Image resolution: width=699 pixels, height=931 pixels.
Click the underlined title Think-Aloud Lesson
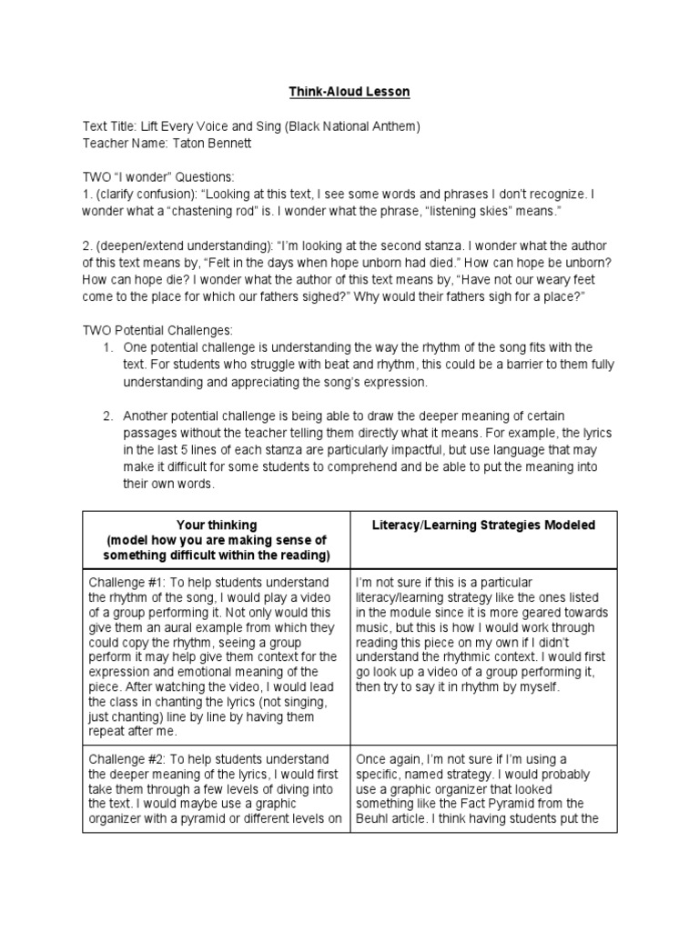click(x=349, y=92)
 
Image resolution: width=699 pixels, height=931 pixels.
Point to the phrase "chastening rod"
click(x=205, y=211)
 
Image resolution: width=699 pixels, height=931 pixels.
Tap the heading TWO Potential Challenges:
click(x=159, y=331)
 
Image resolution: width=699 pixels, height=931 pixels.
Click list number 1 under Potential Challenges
click(x=106, y=348)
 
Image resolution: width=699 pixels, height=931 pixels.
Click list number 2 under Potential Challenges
click(x=106, y=416)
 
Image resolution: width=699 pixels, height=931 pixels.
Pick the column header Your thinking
click(x=216, y=525)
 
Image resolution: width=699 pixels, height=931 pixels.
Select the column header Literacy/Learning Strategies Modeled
click(x=485, y=525)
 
